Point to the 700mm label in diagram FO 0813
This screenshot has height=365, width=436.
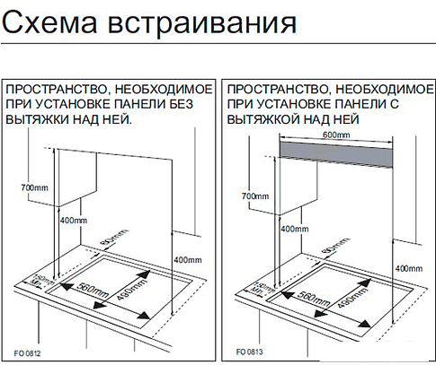pyautogui.click(x=256, y=196)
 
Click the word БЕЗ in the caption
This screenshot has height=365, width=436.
pyautogui.click(x=200, y=105)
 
